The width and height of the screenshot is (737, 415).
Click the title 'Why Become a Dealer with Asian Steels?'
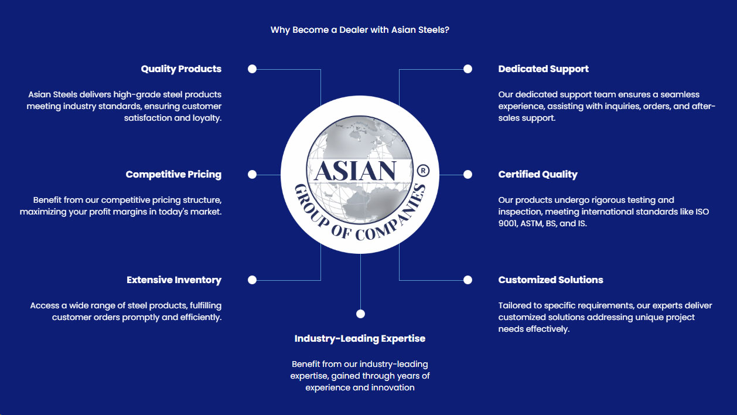360,30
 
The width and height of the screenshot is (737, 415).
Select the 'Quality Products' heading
181,69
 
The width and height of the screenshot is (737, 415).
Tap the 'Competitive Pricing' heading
173,175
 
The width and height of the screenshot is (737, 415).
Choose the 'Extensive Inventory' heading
174,280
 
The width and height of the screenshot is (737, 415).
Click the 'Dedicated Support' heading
543,69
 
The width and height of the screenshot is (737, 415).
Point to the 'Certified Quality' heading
538,175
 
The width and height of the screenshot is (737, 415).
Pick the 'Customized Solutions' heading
551,280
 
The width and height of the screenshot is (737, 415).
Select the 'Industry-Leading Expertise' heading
360,339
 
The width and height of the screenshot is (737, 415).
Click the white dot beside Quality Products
252,69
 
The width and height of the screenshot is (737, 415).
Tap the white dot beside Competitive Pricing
252,175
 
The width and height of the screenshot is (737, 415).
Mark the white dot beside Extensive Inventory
252,280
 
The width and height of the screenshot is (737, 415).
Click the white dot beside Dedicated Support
468,69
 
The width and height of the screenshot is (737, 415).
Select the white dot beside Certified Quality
468,175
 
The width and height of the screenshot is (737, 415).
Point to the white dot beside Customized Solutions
468,280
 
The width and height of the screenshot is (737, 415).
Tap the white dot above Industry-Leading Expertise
361,314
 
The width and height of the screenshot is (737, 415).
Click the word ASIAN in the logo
356,171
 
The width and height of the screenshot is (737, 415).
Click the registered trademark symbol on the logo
423,171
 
